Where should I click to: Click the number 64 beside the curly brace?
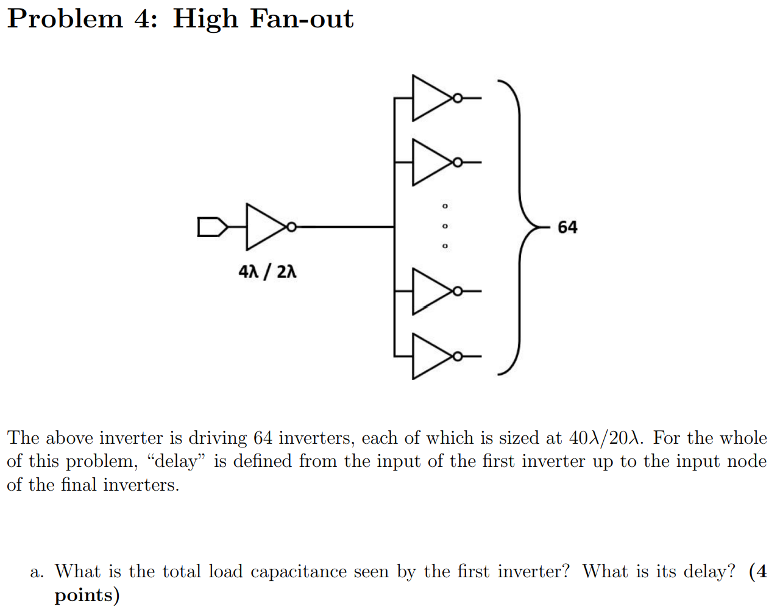567,227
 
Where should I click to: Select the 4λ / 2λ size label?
268,271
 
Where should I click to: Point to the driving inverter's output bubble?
291,227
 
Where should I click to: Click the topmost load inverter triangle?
430,98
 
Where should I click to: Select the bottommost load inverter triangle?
430,356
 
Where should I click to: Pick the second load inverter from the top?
430,162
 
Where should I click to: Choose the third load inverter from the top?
430,291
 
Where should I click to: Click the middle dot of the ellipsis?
445,226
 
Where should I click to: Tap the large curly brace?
518,227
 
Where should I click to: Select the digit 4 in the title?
145,18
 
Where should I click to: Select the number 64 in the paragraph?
263,438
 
